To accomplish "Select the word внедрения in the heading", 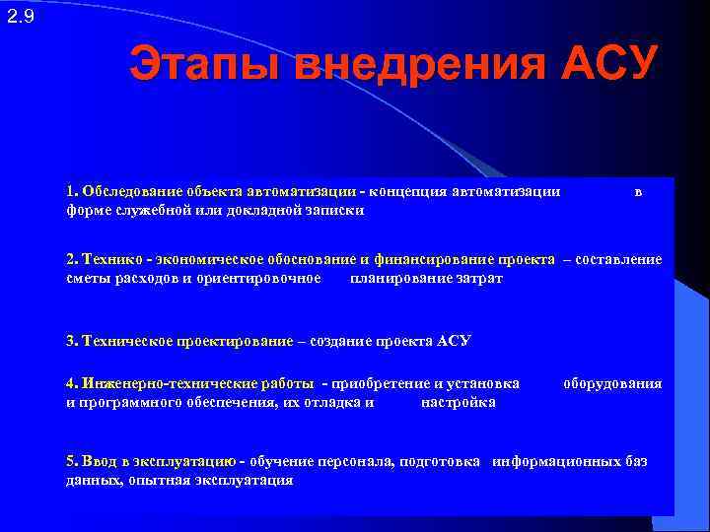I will [x=413, y=66].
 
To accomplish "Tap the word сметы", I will [x=86, y=278].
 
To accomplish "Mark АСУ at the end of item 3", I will [x=456, y=341].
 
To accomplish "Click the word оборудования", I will [x=612, y=383].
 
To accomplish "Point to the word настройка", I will [x=458, y=402].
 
